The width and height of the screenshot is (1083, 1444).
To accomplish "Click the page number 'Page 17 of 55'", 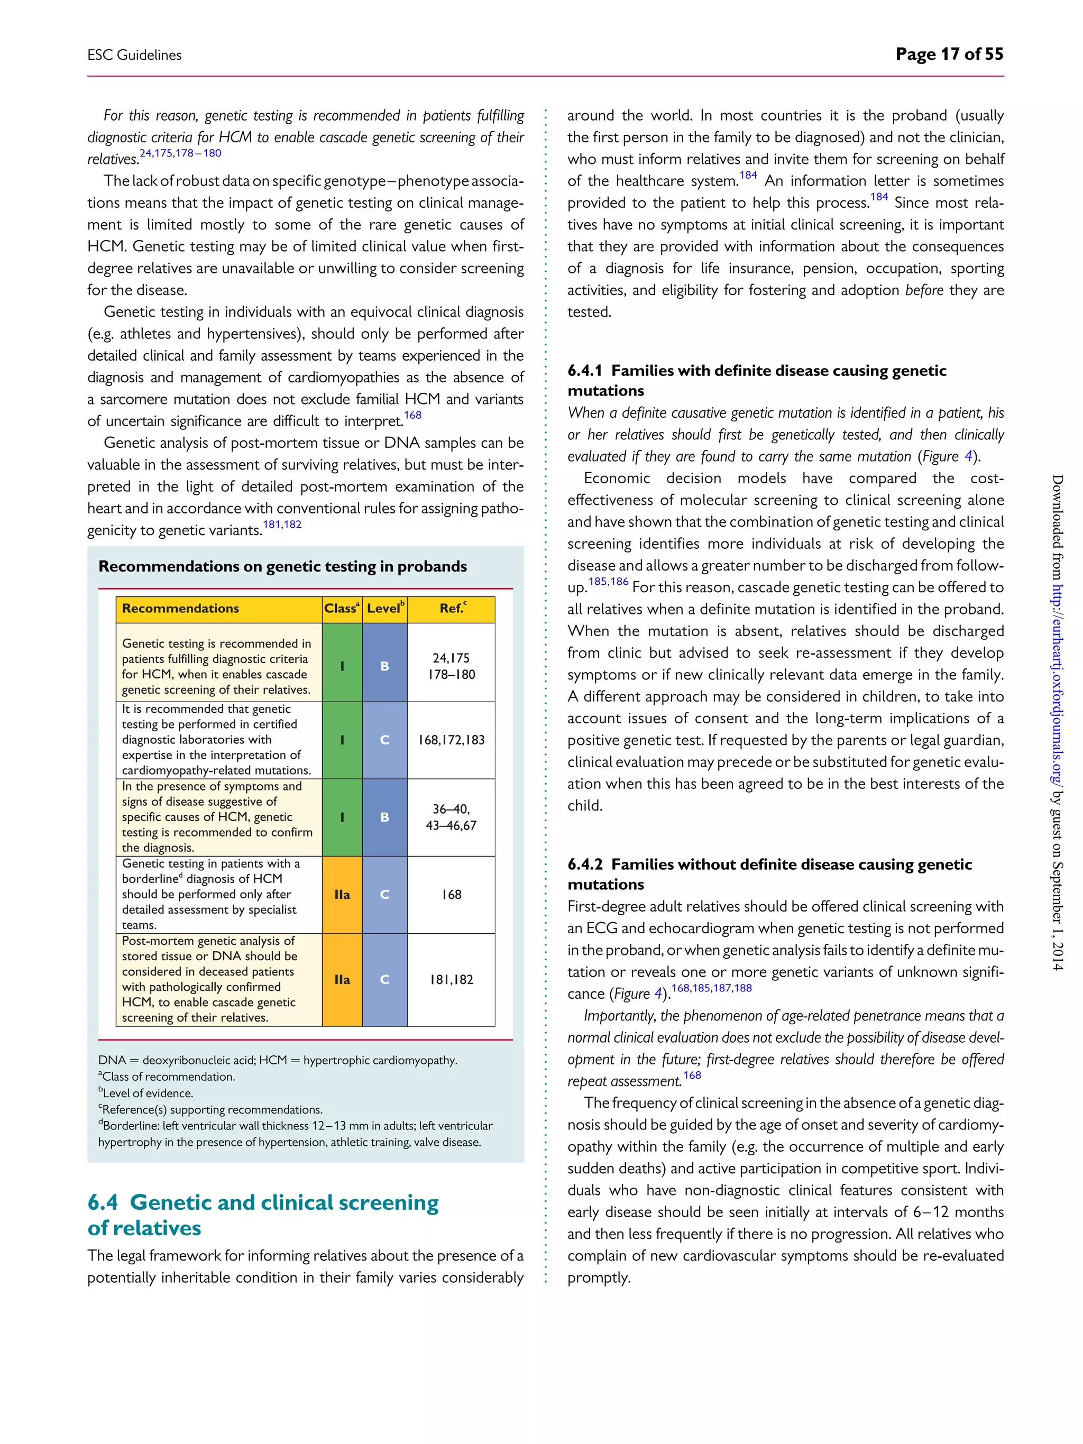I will point(949,54).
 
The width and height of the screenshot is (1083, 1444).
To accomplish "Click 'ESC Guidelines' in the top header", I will point(134,55).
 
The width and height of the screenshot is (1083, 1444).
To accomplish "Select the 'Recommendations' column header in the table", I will point(181,609).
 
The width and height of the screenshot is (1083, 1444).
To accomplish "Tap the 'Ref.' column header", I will point(452,609).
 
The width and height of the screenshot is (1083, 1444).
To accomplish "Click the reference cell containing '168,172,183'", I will point(451,740).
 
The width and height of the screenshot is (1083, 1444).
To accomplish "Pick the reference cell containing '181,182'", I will point(451,979).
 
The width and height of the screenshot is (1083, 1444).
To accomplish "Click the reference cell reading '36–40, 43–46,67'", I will point(451,817).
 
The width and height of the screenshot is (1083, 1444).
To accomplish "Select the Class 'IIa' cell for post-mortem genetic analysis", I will point(342,979).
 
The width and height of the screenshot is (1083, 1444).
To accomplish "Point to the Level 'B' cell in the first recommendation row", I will point(384,666).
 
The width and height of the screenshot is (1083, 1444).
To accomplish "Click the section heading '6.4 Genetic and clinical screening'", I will point(263,1202).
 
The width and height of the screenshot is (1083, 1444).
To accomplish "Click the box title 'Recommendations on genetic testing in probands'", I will point(283,566).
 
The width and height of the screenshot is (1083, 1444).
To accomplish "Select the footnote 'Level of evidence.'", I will point(148,1093).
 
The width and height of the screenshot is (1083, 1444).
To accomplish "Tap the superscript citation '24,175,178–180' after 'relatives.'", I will point(180,153).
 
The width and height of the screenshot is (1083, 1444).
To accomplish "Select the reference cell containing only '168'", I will point(451,894).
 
